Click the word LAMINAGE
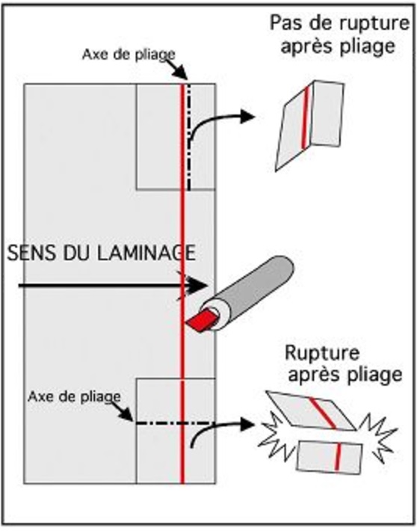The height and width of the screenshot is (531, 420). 146,253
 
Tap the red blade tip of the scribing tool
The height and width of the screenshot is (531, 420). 201,322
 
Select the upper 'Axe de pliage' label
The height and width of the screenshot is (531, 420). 129,55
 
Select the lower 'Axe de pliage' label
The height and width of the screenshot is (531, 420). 74,396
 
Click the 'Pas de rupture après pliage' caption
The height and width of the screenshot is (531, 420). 339,35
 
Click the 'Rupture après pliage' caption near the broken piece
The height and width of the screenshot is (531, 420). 343,363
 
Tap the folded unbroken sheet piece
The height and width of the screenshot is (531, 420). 309,126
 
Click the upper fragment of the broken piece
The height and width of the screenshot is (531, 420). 311,411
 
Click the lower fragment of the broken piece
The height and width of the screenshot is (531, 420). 330,457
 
